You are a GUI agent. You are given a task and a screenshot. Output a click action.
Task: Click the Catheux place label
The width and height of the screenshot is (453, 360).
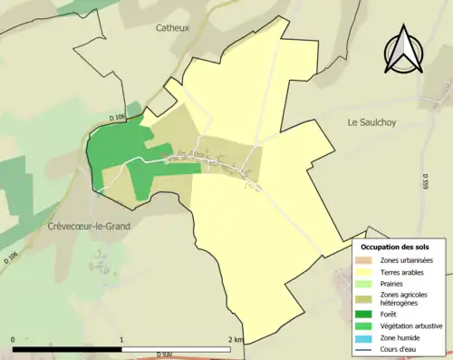171,28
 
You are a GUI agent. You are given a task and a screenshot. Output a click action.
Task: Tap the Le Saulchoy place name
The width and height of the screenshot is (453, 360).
373,122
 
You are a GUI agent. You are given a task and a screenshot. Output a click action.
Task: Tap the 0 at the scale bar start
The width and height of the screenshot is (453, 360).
14,340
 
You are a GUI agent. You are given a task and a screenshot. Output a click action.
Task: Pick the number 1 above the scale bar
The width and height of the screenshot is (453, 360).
121,340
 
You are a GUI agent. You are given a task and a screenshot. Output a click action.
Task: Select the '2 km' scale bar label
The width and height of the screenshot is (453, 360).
235,340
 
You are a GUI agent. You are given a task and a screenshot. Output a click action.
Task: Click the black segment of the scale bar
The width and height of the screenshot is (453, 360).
68,348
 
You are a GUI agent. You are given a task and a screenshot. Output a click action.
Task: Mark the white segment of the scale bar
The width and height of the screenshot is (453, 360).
176,348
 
